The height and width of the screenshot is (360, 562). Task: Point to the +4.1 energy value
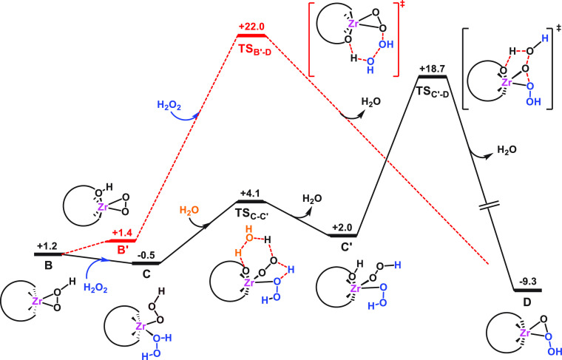(251, 193)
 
